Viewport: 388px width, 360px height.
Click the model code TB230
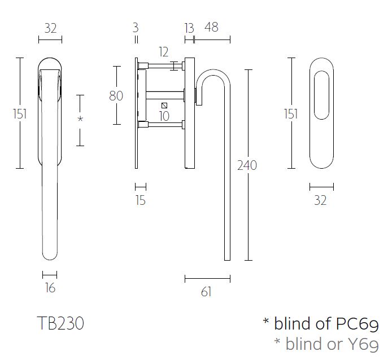tap(60, 323)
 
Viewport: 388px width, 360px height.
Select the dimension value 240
tap(247, 165)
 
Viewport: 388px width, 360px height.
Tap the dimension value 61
tap(206, 291)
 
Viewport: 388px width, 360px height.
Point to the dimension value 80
tap(116, 96)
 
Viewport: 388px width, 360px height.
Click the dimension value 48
tap(211, 28)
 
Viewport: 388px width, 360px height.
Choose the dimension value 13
tap(189, 28)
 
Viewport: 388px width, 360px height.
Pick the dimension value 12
tap(164, 52)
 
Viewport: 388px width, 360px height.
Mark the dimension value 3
tap(136, 28)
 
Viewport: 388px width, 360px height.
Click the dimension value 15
tap(141, 200)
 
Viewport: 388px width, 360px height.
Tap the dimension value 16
tap(50, 288)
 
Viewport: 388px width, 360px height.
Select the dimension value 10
tap(164, 117)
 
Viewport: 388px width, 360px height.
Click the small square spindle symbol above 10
tap(164, 106)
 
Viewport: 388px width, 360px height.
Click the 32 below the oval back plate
tap(320, 200)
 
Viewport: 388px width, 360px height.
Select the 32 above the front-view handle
tap(50, 28)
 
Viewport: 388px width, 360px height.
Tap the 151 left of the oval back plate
tap(291, 113)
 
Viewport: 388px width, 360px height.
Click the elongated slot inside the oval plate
tap(320, 95)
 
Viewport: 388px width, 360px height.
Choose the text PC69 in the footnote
tap(357, 324)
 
